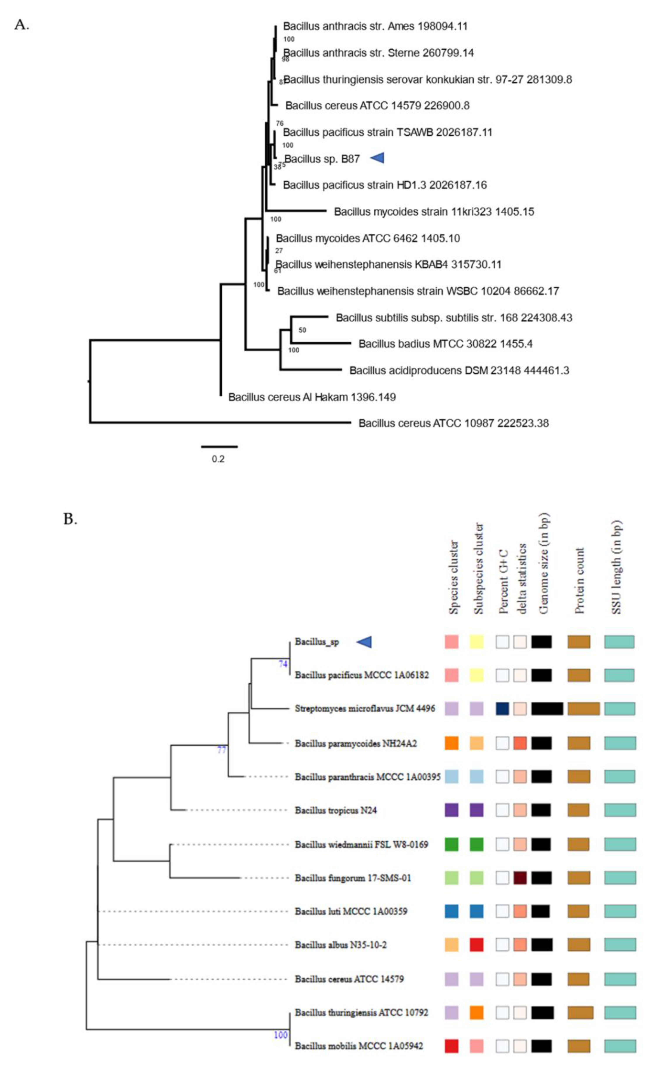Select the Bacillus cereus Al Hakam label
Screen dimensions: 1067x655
[312, 397]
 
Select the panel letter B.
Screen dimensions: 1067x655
[70, 519]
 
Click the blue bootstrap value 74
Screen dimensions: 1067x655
[283, 664]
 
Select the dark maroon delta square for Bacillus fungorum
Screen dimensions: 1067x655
[520, 878]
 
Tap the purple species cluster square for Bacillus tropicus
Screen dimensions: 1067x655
[451, 810]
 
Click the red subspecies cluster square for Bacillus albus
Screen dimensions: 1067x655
[476, 945]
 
